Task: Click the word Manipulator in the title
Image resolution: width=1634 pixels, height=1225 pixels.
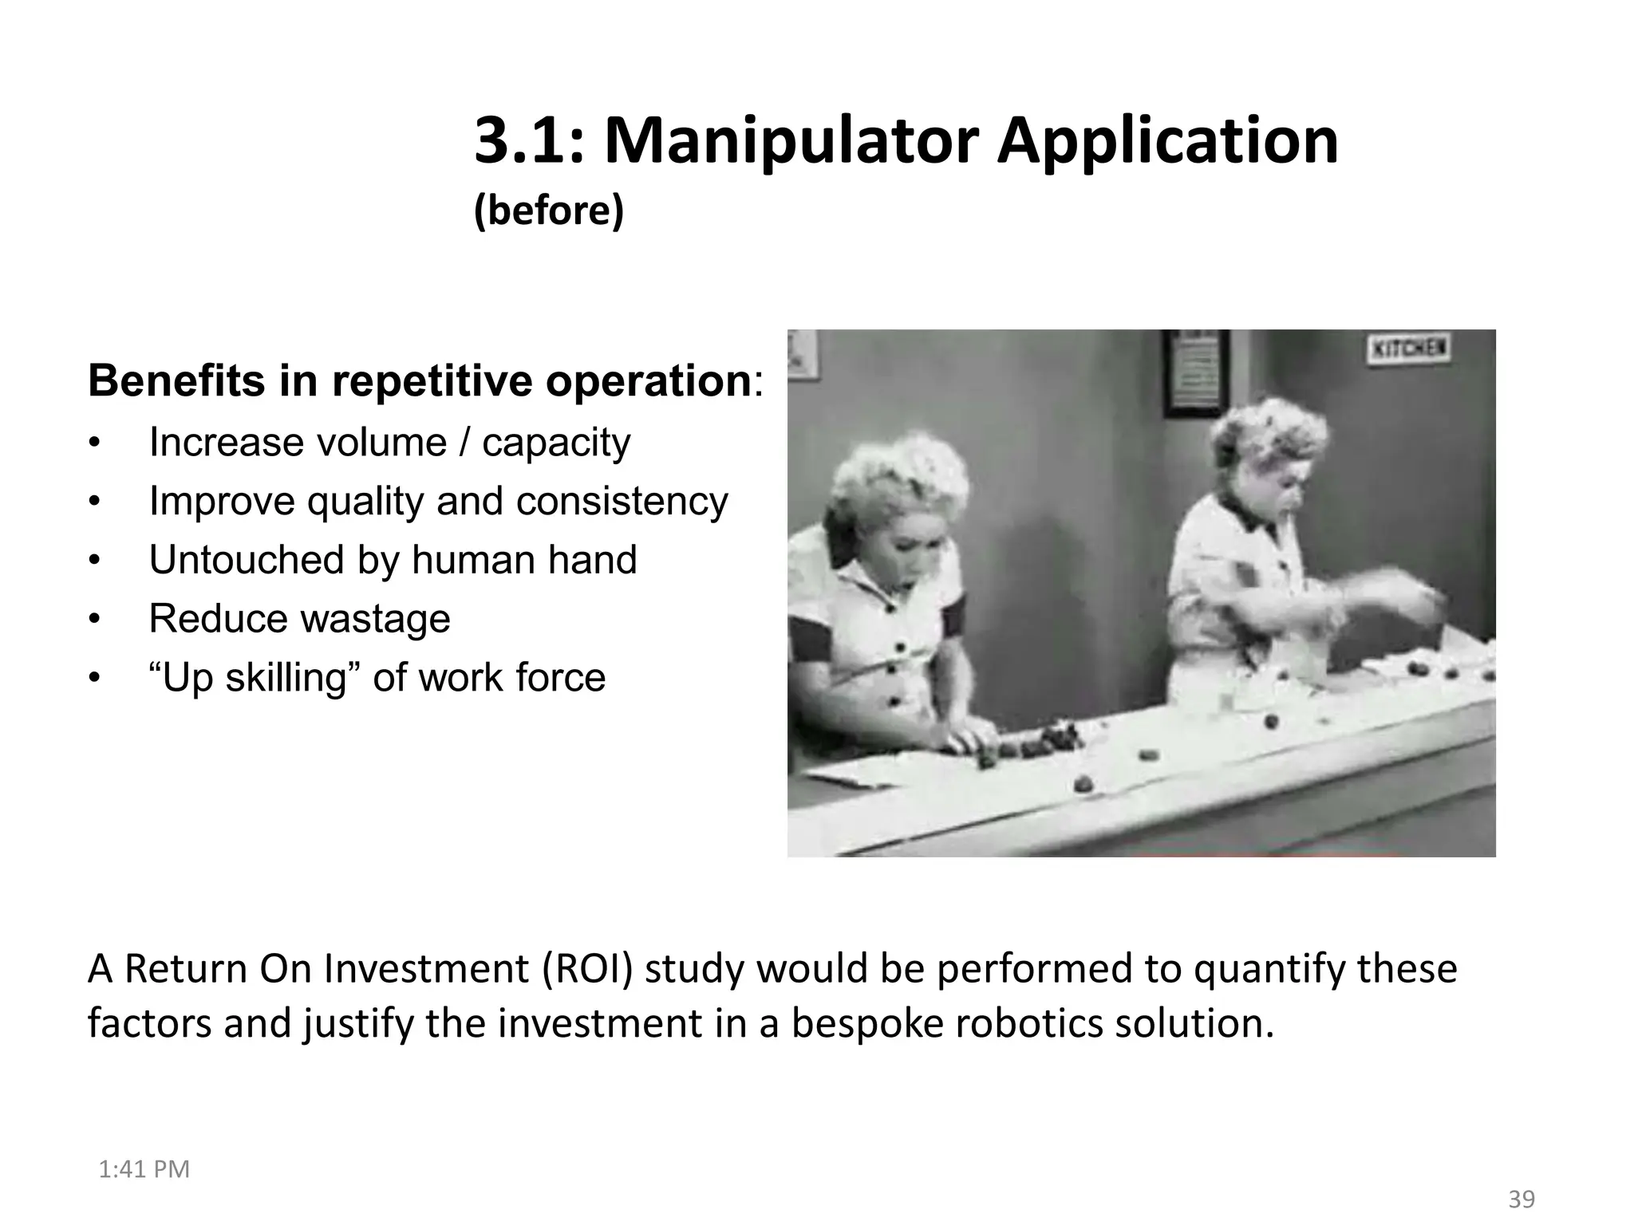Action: (790, 142)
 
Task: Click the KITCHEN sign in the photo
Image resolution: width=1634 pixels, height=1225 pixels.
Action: (1409, 349)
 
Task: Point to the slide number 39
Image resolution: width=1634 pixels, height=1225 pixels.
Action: (1522, 1199)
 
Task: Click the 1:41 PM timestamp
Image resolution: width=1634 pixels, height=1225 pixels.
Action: (144, 1169)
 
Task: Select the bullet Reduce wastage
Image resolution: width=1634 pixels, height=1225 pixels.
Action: (299, 619)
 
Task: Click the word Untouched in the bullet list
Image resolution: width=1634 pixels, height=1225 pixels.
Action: (246, 560)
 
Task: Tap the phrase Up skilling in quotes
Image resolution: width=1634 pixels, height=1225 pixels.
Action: (255, 678)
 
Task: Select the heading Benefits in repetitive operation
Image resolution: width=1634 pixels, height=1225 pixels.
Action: (419, 381)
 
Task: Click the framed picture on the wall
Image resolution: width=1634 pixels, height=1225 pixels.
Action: (1194, 373)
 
